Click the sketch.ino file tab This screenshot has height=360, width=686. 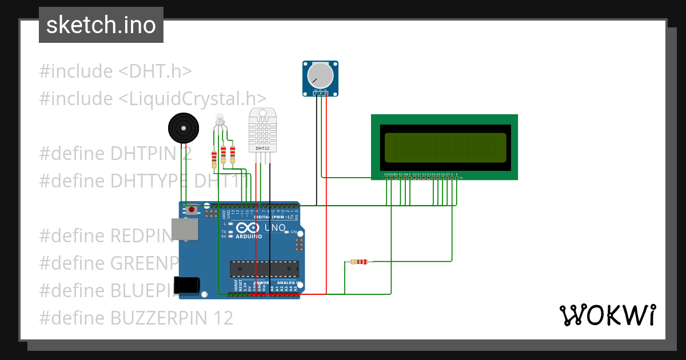pyautogui.click(x=101, y=25)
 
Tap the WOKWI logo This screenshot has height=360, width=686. pyautogui.click(x=607, y=315)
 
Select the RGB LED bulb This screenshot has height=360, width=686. pyautogui.click(x=220, y=120)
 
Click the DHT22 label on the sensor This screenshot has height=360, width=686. pyautogui.click(x=262, y=149)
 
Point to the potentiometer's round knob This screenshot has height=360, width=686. pyautogui.click(x=320, y=75)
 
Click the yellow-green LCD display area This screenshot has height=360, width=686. pyautogui.click(x=445, y=147)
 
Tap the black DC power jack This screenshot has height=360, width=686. pyautogui.click(x=189, y=285)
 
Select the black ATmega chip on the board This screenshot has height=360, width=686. pyautogui.click(x=264, y=269)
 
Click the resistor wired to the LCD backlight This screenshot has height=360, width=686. pyautogui.click(x=358, y=262)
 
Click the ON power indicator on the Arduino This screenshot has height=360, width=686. pyautogui.click(x=294, y=232)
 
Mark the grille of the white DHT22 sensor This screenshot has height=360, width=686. pyautogui.click(x=262, y=129)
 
